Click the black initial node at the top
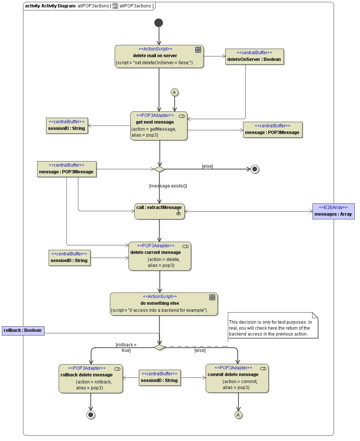click(159, 23)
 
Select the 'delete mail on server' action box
click(159, 56)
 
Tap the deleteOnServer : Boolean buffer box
click(254, 57)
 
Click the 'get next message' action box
click(159, 126)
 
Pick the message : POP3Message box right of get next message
click(273, 130)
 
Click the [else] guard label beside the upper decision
click(207, 166)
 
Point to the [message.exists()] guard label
click(168, 186)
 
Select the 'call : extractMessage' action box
click(159, 211)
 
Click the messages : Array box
click(333, 211)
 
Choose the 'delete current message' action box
click(160, 256)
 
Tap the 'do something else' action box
click(164, 304)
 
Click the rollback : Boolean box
click(23, 330)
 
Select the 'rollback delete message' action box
click(91, 378)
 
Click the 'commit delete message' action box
click(237, 378)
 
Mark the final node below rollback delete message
click(91, 415)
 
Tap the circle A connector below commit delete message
click(238, 415)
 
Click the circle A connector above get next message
click(174, 92)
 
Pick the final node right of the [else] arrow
click(255, 169)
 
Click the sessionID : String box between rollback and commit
click(160, 378)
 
